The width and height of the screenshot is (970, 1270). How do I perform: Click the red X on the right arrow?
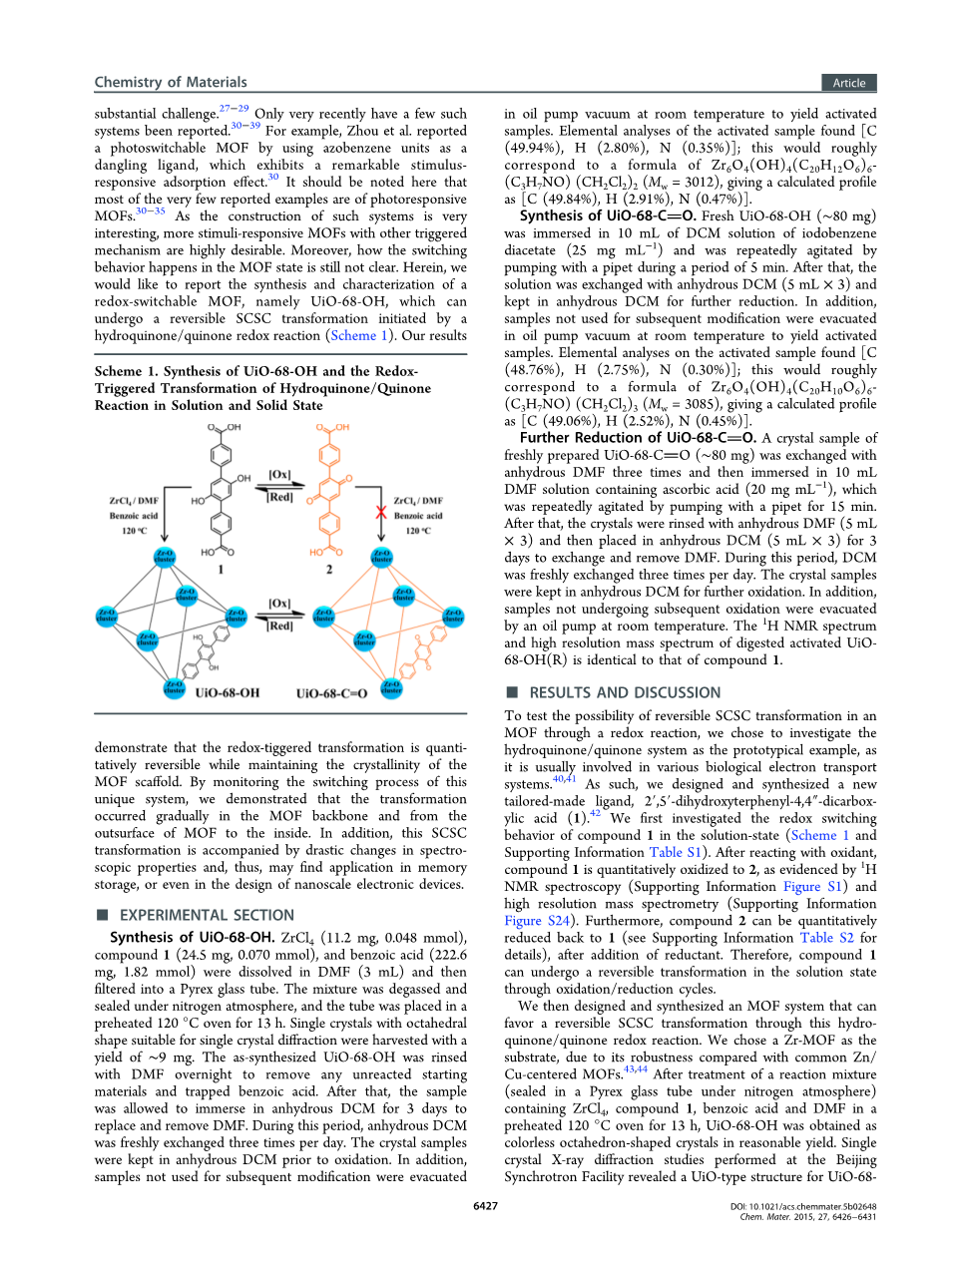click(381, 512)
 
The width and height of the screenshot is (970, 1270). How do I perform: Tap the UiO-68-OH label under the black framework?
click(228, 692)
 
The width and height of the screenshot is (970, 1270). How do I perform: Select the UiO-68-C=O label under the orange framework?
click(331, 692)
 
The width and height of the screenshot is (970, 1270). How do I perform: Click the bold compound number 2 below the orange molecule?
click(329, 570)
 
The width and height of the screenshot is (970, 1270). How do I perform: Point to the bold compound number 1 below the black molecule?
click(221, 570)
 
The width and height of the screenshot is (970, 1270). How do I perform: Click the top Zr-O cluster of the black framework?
click(165, 557)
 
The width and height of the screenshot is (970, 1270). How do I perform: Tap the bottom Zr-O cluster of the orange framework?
click(391, 687)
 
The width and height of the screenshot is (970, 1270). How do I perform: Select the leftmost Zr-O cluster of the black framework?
click(106, 616)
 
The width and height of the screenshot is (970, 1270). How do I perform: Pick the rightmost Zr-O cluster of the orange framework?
click(453, 616)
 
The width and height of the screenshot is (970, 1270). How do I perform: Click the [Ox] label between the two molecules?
click(279, 475)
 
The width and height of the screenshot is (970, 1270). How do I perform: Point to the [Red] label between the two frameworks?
click(280, 626)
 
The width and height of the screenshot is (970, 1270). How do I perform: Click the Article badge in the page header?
click(849, 83)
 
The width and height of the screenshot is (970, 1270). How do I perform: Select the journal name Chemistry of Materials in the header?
click(171, 82)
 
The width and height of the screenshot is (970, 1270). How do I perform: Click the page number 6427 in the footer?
click(485, 1206)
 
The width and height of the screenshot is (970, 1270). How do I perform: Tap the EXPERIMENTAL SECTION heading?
click(207, 915)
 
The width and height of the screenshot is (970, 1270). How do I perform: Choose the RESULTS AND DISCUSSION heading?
click(625, 692)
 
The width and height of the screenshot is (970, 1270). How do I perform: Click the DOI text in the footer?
click(803, 1206)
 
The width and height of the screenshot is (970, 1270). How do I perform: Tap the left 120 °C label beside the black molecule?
click(135, 531)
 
